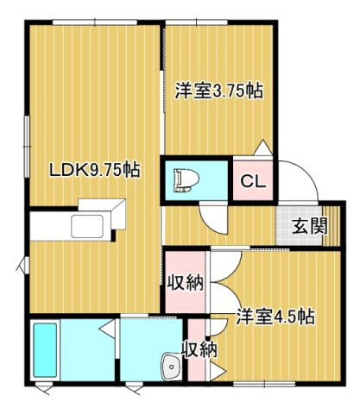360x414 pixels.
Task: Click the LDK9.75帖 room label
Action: (95, 170)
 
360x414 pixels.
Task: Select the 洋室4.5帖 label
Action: (275, 317)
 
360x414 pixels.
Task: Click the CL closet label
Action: (252, 181)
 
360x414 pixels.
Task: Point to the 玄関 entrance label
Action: (310, 226)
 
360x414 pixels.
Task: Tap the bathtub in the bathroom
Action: (45, 350)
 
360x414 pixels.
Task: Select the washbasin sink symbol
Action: (172, 367)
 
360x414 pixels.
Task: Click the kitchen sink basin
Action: (87, 226)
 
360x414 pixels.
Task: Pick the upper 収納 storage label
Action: (186, 283)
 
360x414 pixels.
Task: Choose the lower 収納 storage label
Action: (199, 349)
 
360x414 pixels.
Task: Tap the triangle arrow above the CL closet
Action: (263, 147)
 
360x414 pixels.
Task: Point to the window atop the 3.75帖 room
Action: (197, 22)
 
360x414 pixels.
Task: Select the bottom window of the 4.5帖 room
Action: (264, 383)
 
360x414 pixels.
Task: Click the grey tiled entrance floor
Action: (299, 226)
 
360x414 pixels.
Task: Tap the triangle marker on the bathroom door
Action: (107, 328)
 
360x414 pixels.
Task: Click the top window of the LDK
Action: (95, 22)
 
